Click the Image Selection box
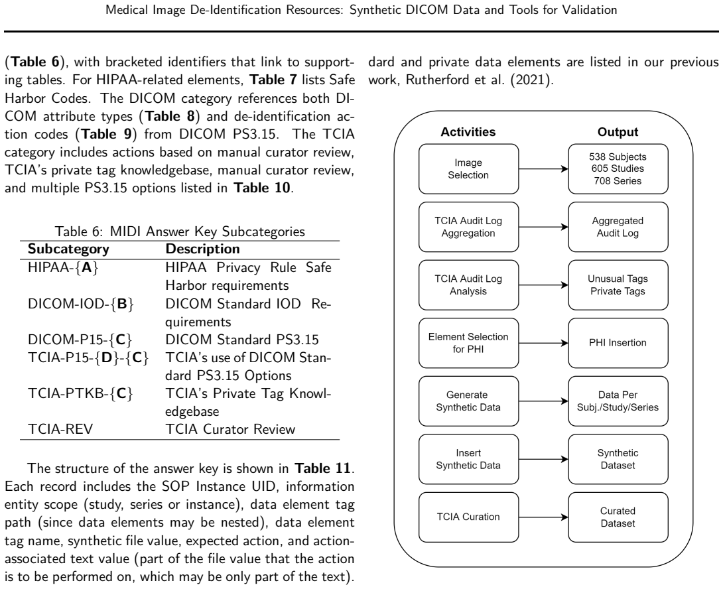pyautogui.click(x=468, y=169)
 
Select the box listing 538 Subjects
pyautogui.click(x=618, y=169)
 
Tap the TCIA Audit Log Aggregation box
pyautogui.click(x=468, y=227)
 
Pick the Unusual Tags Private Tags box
pyautogui.click(x=618, y=285)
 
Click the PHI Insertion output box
pyautogui.click(x=618, y=343)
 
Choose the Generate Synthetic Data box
pyautogui.click(x=468, y=401)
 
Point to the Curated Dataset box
pyautogui.click(x=618, y=517)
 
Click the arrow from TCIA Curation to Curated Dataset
pyautogui.click(x=544, y=517)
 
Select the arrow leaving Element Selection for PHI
pyautogui.click(x=544, y=343)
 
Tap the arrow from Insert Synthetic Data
pyautogui.click(x=544, y=459)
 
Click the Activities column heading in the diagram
pyautogui.click(x=468, y=132)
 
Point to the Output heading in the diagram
pyautogui.click(x=618, y=132)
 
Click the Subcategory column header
pyautogui.click(x=68, y=249)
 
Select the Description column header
pyautogui.click(x=202, y=249)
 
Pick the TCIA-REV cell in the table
pyautogui.click(x=60, y=429)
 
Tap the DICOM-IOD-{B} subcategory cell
pyautogui.click(x=81, y=304)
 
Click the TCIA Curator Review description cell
pyautogui.click(x=230, y=429)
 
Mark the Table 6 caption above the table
pyautogui.click(x=180, y=231)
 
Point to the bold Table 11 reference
pyautogui.click(x=323, y=469)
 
